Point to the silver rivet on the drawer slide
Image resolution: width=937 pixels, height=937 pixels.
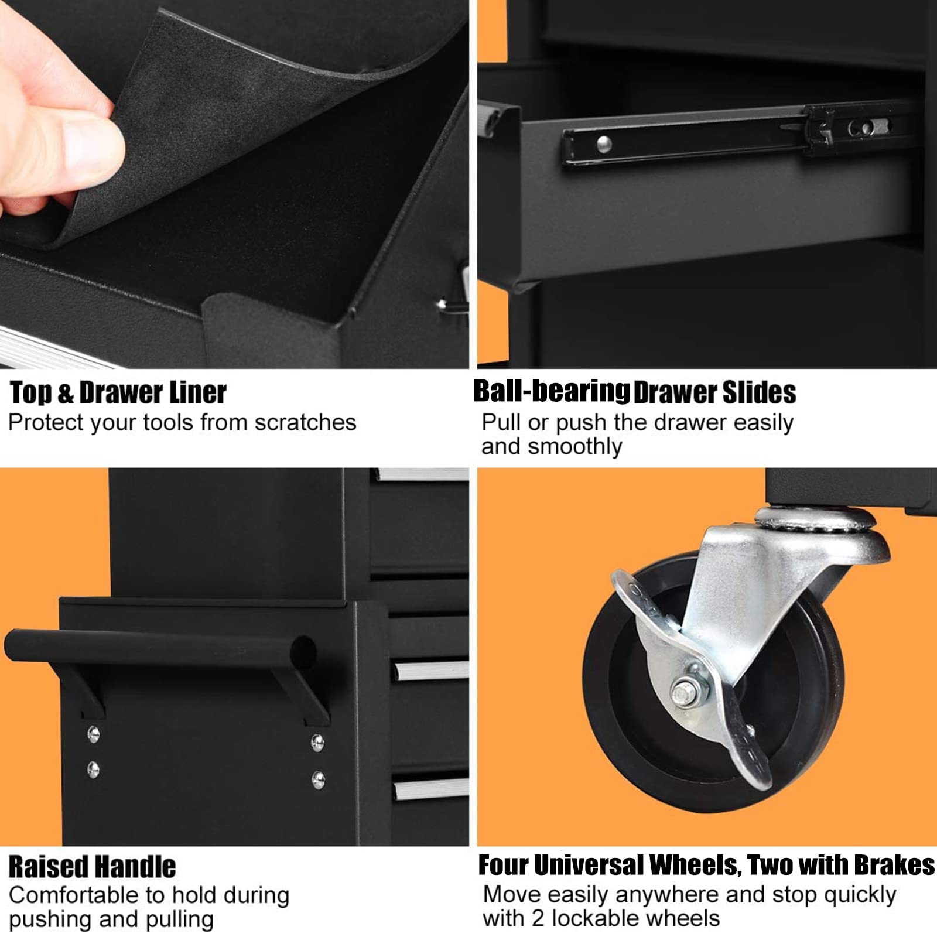click(604, 143)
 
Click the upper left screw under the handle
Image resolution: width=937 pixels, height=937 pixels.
click(93, 734)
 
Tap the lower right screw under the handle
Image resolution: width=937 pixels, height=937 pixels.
click(318, 779)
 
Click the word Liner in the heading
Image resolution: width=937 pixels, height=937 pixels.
click(197, 392)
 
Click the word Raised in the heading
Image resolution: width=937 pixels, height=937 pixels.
click(49, 866)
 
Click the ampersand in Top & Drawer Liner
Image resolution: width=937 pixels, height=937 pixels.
click(66, 393)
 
